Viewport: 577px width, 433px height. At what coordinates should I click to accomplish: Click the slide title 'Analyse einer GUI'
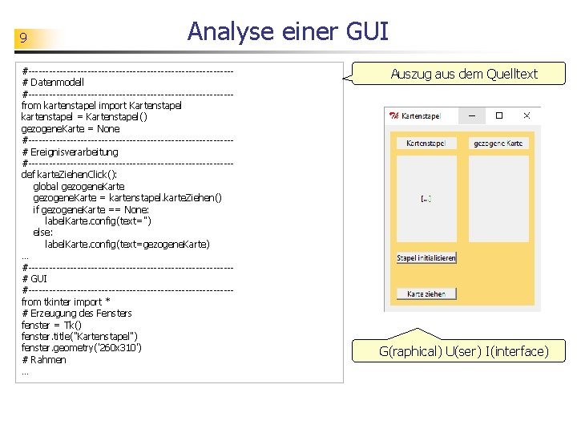coord(288,31)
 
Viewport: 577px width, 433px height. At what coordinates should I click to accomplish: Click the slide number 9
coord(24,38)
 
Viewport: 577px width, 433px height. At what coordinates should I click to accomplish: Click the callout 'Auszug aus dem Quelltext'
coord(464,75)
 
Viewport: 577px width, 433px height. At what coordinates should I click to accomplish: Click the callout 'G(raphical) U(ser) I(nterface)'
coord(464,351)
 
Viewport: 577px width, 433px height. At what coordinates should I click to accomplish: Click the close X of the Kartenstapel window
coord(527,116)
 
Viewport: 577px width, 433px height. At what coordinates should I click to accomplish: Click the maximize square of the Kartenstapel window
coord(498,116)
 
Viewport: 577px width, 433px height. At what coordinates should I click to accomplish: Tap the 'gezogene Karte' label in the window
coord(498,144)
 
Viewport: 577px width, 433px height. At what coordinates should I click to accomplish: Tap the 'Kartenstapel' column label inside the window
coord(426,144)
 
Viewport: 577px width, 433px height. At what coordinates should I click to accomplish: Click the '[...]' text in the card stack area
coord(426,198)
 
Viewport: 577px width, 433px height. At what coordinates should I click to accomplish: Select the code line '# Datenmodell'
coord(54,82)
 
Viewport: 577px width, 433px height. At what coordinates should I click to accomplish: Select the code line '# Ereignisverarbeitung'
coord(71,152)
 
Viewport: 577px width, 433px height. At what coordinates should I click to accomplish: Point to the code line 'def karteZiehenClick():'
coord(70,174)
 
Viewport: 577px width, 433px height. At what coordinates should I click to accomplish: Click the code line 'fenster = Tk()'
coord(51,325)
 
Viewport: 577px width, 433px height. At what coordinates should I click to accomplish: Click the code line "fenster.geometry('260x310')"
coord(82,348)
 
